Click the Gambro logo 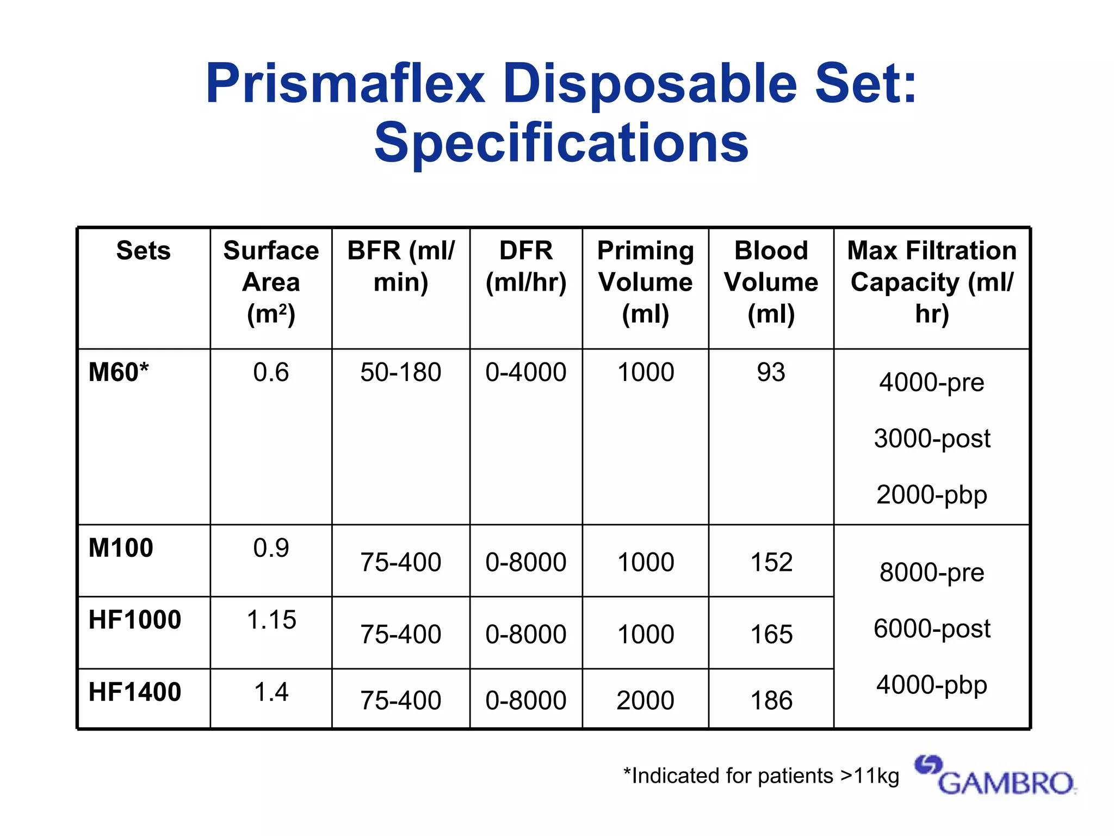pyautogui.click(x=994, y=775)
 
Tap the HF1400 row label pyautogui.click(x=135, y=692)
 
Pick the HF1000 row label pyautogui.click(x=135, y=620)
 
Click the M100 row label pyautogui.click(x=121, y=548)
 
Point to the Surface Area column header pyautogui.click(x=271, y=282)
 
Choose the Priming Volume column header pyautogui.click(x=645, y=282)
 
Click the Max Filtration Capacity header pyautogui.click(x=932, y=282)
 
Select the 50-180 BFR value pyautogui.click(x=400, y=373)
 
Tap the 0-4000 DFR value pyautogui.click(x=526, y=373)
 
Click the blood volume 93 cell pyautogui.click(x=771, y=373)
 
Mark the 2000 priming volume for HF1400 pyautogui.click(x=645, y=700)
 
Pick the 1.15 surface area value pyautogui.click(x=271, y=620)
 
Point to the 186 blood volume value pyautogui.click(x=771, y=700)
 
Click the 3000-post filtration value pyautogui.click(x=932, y=439)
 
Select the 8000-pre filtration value pyautogui.click(x=932, y=573)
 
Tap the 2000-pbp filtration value pyautogui.click(x=932, y=495)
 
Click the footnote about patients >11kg pyautogui.click(x=761, y=776)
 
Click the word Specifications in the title pyautogui.click(x=561, y=143)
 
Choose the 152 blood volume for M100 pyautogui.click(x=771, y=562)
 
